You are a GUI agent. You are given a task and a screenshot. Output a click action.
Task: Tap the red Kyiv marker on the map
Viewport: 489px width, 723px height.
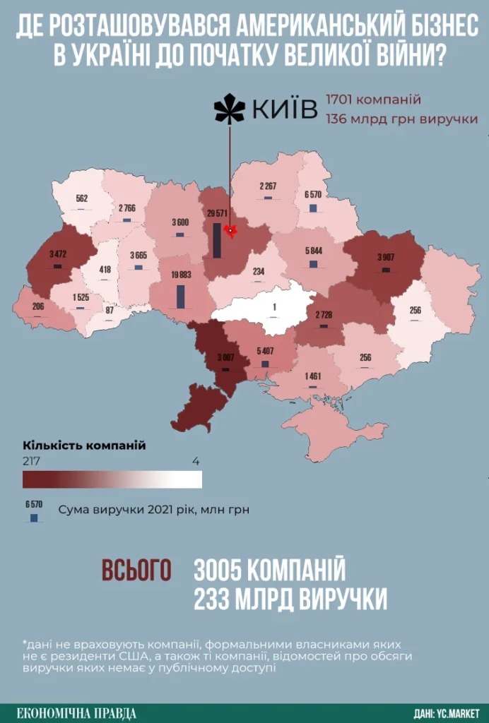[x=229, y=230]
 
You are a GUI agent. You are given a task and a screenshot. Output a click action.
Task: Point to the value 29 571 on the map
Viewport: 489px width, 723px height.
[x=218, y=213]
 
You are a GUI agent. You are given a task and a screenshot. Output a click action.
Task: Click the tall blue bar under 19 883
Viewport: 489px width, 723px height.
[x=180, y=295]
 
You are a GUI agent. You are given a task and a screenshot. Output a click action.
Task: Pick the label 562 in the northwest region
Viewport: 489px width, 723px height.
[x=82, y=199]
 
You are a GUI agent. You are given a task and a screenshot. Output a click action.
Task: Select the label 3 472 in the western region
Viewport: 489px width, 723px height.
[x=57, y=253]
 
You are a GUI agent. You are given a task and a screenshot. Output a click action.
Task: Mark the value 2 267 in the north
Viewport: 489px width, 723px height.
[x=269, y=186]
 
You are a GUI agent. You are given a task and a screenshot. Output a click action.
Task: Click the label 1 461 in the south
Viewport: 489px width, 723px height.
[x=312, y=376]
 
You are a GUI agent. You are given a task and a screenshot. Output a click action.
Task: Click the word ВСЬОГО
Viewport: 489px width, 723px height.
[x=136, y=570]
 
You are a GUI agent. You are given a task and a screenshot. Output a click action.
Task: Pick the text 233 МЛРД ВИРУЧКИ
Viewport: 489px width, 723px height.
[x=290, y=599]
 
